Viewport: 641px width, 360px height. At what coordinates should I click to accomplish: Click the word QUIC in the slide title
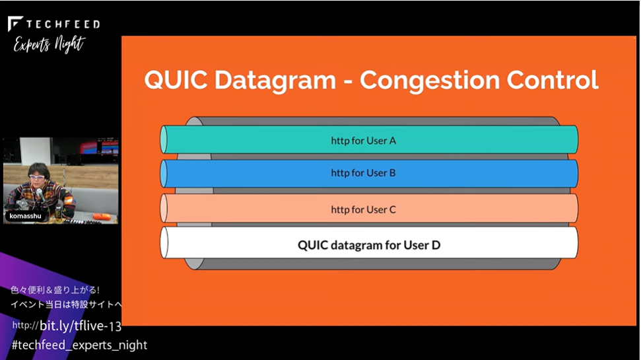click(176, 79)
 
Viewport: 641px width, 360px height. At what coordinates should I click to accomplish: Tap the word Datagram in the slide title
click(275, 81)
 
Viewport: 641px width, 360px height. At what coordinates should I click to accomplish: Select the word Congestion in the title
click(430, 81)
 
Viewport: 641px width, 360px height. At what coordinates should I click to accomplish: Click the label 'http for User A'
click(364, 141)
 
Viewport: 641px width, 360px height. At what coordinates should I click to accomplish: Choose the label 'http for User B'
click(364, 173)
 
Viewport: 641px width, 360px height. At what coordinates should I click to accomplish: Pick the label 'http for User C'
click(364, 209)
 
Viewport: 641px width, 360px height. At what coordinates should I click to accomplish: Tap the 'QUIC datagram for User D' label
click(369, 245)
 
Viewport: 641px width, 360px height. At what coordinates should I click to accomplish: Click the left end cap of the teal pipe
click(164, 139)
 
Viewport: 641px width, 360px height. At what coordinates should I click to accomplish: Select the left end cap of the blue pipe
click(164, 174)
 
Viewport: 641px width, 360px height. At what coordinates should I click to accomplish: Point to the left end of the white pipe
click(164, 242)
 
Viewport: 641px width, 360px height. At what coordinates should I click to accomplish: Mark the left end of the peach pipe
click(164, 208)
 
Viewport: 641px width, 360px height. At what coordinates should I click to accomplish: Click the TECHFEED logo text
click(63, 24)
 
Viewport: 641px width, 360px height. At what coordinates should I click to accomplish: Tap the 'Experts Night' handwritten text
click(50, 44)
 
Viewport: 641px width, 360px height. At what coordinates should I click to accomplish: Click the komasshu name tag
click(25, 216)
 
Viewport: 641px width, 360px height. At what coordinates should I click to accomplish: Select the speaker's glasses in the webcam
click(38, 177)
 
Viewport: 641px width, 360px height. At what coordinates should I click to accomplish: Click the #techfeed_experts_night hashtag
click(79, 345)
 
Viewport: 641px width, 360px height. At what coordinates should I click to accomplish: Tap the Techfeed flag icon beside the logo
click(15, 23)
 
